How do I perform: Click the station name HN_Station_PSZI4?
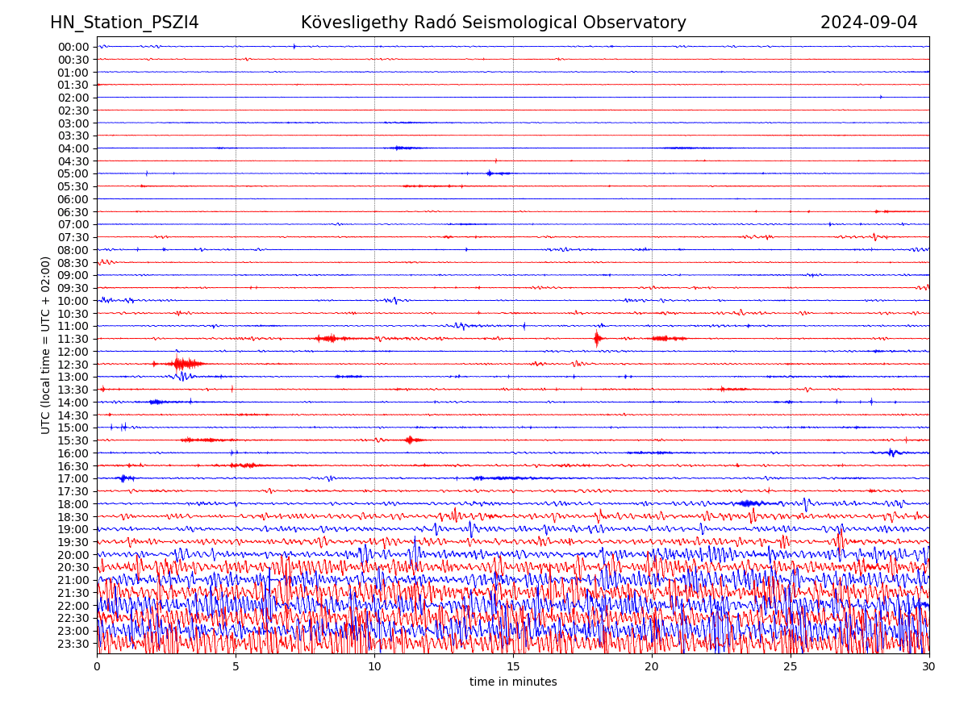(x=124, y=23)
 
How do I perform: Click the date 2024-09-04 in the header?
(x=869, y=23)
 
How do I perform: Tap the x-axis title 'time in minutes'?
(x=513, y=682)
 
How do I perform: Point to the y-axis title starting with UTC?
(x=46, y=345)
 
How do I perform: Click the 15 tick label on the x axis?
(x=513, y=667)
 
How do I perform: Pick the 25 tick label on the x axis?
(x=791, y=667)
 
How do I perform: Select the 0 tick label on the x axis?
(x=97, y=667)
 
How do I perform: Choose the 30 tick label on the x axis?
(x=929, y=667)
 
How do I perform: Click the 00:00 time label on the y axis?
(x=73, y=47)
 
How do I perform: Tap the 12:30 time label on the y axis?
(x=73, y=365)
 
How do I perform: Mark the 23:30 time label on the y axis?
(x=73, y=644)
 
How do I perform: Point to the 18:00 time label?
(x=73, y=504)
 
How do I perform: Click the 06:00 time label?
(x=73, y=199)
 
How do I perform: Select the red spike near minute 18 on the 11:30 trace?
(x=597, y=339)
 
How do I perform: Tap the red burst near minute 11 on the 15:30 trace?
(x=411, y=440)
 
